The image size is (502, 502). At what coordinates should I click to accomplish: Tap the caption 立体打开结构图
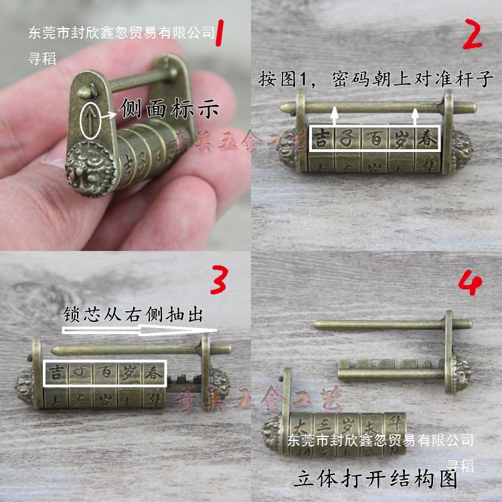(375, 479)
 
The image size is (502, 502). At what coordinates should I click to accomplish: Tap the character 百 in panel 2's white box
(374, 139)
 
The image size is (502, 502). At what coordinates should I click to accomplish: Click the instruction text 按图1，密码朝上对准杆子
(376, 80)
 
